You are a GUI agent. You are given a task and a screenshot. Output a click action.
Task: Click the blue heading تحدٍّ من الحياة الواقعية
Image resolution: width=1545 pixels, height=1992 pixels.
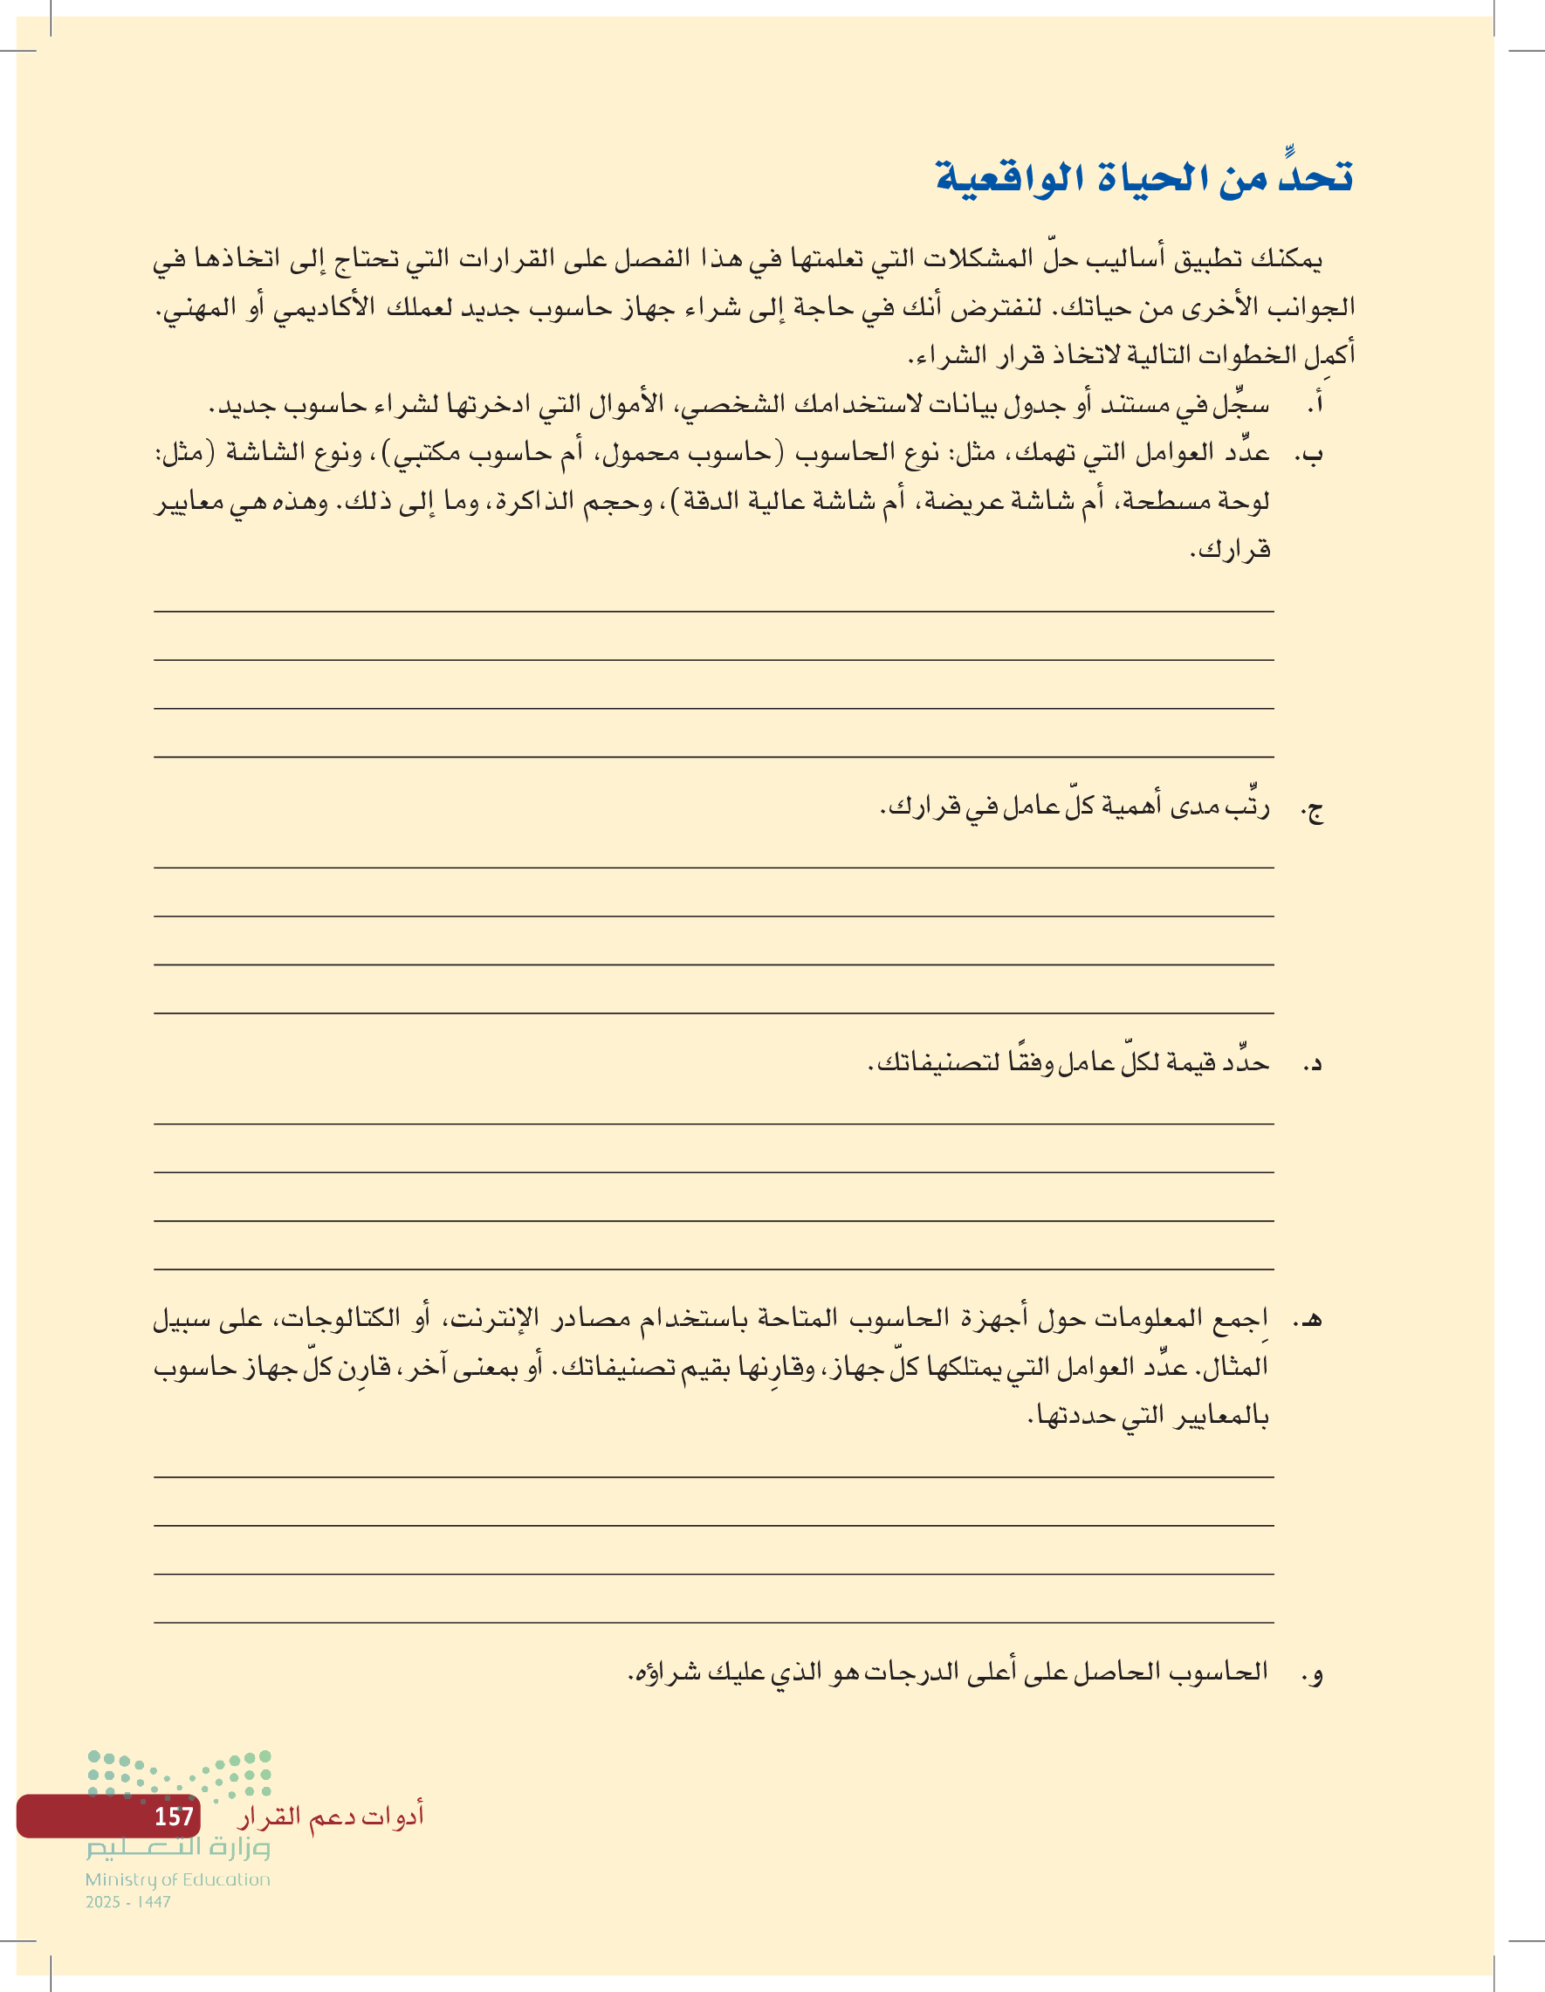coord(1143,178)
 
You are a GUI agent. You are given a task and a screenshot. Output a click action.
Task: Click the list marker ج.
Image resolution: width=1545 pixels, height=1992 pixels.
coord(1313,809)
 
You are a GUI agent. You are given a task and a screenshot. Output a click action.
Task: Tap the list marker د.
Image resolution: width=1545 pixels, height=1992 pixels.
coord(1314,1064)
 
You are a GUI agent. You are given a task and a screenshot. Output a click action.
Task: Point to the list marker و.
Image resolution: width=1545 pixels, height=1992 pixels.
coord(1314,1673)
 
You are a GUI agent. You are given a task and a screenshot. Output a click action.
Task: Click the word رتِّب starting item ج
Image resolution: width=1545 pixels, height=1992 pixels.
coord(1247,807)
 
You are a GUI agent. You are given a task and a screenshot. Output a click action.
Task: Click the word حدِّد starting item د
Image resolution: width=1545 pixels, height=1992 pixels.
coord(1245,1062)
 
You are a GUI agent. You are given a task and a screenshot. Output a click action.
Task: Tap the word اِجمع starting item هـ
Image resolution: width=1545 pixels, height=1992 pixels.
coord(1243,1318)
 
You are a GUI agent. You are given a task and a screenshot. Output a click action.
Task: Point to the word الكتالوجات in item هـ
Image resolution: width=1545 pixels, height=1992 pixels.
coord(343,1318)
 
